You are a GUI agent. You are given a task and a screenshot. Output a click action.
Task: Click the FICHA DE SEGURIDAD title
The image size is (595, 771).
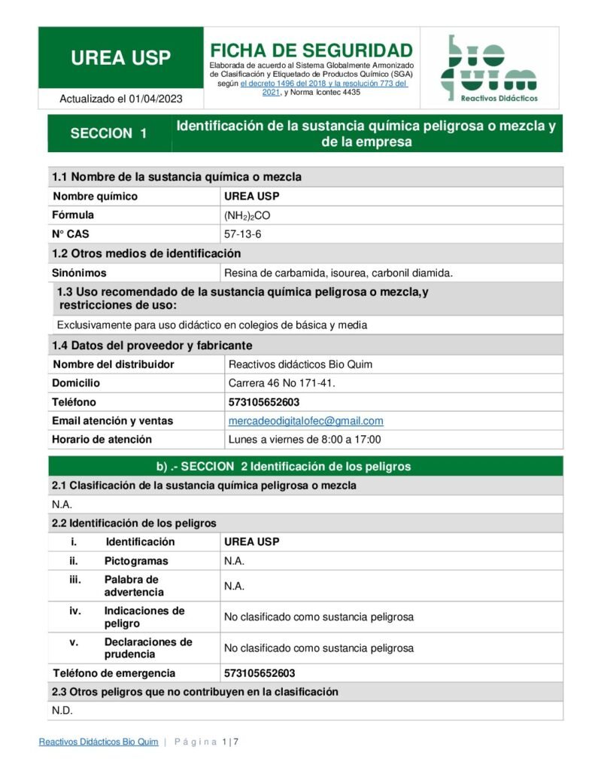coord(311,50)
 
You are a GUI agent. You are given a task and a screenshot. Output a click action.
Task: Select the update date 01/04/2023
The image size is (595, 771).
coord(156,99)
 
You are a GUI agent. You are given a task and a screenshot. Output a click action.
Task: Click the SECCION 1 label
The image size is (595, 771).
coord(108,133)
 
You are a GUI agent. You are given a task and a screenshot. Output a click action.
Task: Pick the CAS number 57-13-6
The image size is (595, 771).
coord(243,234)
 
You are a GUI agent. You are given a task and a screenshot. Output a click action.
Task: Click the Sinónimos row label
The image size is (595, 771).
coord(79,273)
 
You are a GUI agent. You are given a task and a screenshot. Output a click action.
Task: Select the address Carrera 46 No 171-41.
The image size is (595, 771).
coord(281,383)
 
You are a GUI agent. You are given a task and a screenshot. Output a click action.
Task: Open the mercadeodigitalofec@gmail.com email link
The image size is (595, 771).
coord(305,421)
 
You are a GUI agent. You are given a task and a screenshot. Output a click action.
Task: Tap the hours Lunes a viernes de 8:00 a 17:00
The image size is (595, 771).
coord(305,439)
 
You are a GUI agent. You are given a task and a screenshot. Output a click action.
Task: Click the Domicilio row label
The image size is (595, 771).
coord(76,383)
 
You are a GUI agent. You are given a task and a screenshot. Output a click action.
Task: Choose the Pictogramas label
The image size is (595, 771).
coord(136,561)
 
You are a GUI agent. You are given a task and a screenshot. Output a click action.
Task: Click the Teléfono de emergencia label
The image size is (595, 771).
coord(114,673)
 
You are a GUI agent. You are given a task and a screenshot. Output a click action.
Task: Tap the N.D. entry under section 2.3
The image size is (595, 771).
coord(62,711)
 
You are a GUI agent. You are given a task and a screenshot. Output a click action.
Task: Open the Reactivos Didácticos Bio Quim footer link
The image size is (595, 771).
coord(99,742)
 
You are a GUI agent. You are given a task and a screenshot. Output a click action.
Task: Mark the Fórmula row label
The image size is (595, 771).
coord(73,215)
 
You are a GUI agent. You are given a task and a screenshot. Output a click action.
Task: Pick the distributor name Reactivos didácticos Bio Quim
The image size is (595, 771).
coord(300,364)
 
